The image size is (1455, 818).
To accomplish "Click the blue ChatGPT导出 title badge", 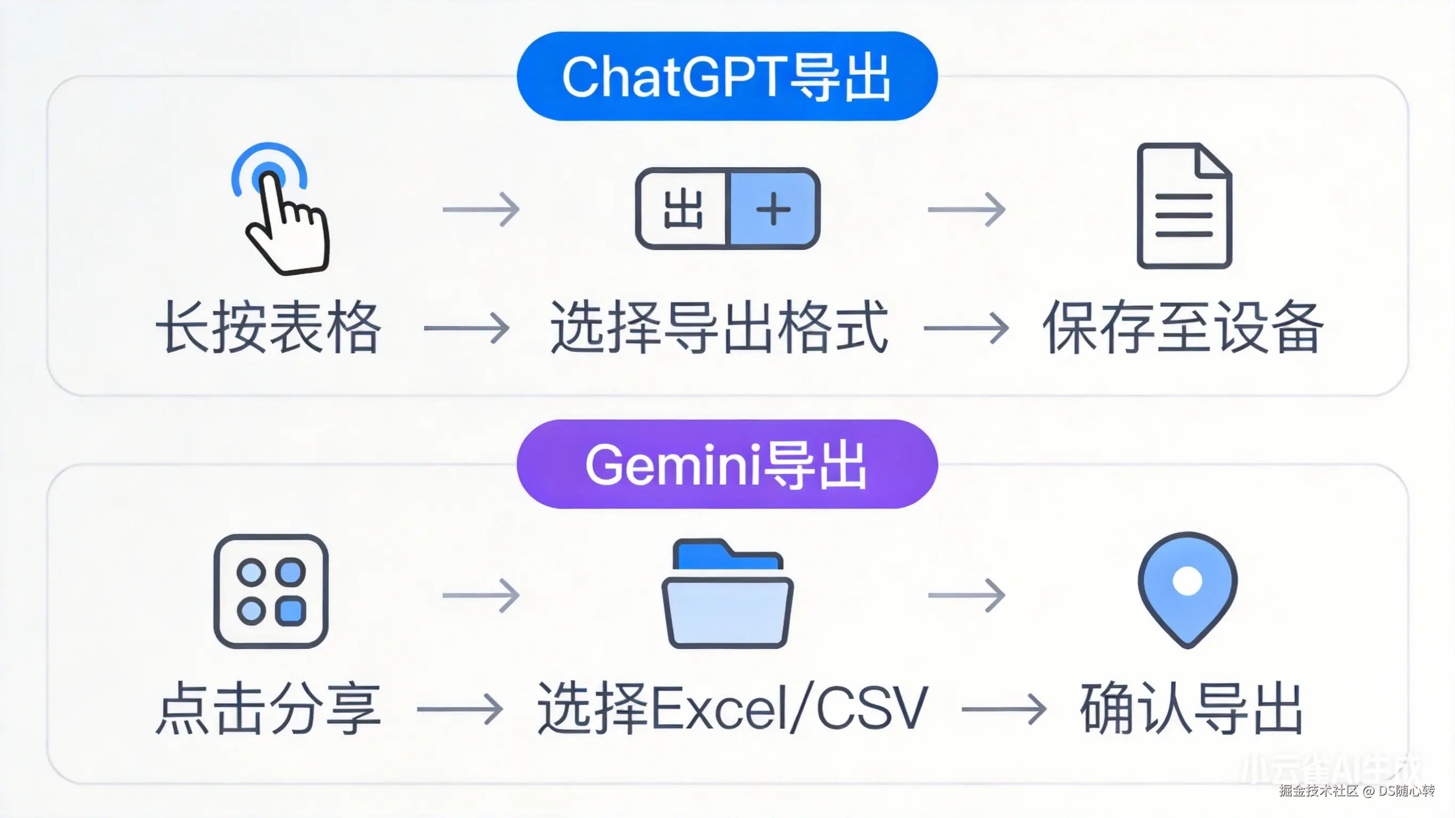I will coord(727,76).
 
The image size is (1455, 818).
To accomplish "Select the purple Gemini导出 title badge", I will coord(727,464).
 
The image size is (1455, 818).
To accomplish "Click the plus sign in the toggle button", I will coord(773,209).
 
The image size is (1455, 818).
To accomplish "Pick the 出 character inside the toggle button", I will coord(683,209).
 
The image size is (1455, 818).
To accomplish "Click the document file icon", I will coord(1184,206).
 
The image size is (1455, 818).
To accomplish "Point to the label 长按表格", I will coord(268,328).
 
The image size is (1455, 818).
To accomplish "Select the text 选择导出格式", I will coord(719,328).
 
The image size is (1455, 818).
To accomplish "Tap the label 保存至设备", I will coord(1183,328).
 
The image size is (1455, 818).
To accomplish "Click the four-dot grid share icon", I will coord(271,591).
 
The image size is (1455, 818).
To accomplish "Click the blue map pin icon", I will coord(1187,590).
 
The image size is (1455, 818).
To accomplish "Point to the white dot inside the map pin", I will coord(1187,581).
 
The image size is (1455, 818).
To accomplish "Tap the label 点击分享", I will coord(268,708).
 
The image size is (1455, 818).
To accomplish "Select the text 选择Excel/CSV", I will coord(733,708).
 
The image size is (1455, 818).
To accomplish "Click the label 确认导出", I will coord(1191,708).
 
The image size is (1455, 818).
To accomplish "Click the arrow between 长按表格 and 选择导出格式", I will coord(466,328).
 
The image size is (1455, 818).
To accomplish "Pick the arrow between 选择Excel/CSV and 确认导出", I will coord(1004,709).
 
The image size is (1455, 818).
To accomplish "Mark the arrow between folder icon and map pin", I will coord(966,595).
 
